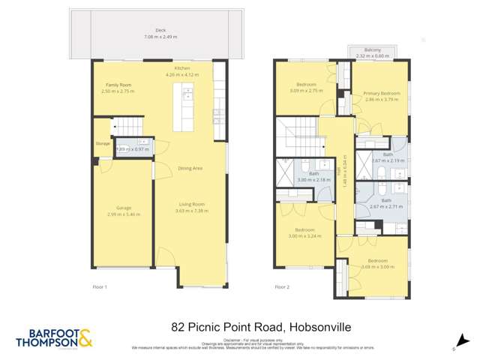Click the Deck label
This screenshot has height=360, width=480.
point(160,31)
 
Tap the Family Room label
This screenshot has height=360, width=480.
point(118,85)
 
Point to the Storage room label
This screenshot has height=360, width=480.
point(102,142)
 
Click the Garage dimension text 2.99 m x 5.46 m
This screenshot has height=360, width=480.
point(124,214)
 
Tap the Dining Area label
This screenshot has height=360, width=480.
point(190,168)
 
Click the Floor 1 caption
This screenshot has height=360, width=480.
point(100,286)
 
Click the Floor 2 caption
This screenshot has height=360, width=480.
point(282,286)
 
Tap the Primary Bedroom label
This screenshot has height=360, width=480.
point(382,93)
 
